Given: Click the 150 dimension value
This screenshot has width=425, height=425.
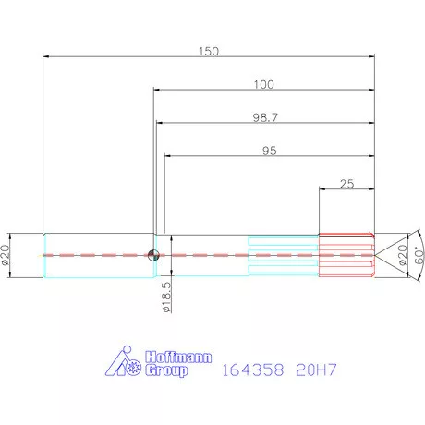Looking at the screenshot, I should click(x=209, y=52).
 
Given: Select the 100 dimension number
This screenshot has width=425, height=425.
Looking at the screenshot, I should click(x=263, y=84).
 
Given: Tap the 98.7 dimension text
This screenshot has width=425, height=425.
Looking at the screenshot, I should click(x=265, y=117).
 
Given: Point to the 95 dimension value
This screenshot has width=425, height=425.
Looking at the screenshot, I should click(x=270, y=150).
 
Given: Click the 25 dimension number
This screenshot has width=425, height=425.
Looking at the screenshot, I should click(x=347, y=183).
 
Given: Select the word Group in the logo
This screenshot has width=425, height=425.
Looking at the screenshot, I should click(x=167, y=370).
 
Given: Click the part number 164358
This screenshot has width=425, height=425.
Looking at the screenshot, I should click(x=252, y=368).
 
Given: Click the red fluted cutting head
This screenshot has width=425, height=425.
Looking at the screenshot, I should click(x=346, y=254).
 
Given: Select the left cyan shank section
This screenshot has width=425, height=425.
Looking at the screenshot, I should click(x=97, y=254).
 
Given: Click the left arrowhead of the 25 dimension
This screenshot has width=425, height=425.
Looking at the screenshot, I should click(x=322, y=189).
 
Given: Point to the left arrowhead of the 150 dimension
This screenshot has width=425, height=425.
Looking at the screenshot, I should click(x=47, y=57).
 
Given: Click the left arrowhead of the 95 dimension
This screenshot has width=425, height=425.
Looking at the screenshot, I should click(x=167, y=156).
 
